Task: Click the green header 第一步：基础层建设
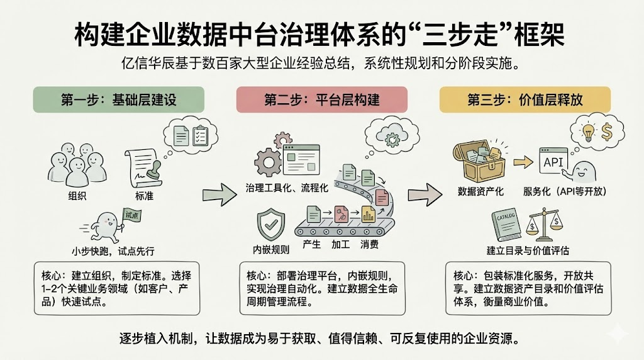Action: point(118,99)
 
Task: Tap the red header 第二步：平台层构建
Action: point(322,99)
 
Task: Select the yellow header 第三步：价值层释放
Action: point(525,99)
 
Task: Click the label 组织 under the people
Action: point(77,196)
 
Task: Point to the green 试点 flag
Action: point(131,215)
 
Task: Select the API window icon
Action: point(554,162)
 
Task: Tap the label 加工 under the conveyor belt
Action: point(340,244)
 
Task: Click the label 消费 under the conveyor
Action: point(369,244)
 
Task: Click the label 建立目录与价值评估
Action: point(528,250)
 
